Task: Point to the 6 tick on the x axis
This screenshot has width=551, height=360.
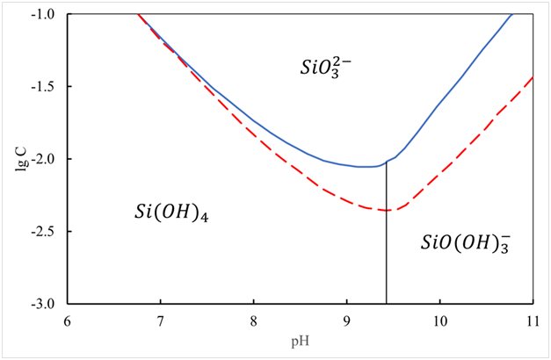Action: coord(68,319)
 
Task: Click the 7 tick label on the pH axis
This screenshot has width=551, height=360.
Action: coord(161,319)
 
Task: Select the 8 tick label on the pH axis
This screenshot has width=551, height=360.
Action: coord(254,319)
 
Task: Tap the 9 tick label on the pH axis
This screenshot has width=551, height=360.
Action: coord(347,319)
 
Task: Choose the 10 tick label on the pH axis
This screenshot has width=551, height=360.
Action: coord(439,319)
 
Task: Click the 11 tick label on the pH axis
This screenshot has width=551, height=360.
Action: coord(533,319)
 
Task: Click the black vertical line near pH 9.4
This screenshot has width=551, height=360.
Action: coord(387,255)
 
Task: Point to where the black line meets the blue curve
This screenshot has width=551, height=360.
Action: coord(387,162)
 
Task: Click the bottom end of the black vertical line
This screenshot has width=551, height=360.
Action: coord(387,303)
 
